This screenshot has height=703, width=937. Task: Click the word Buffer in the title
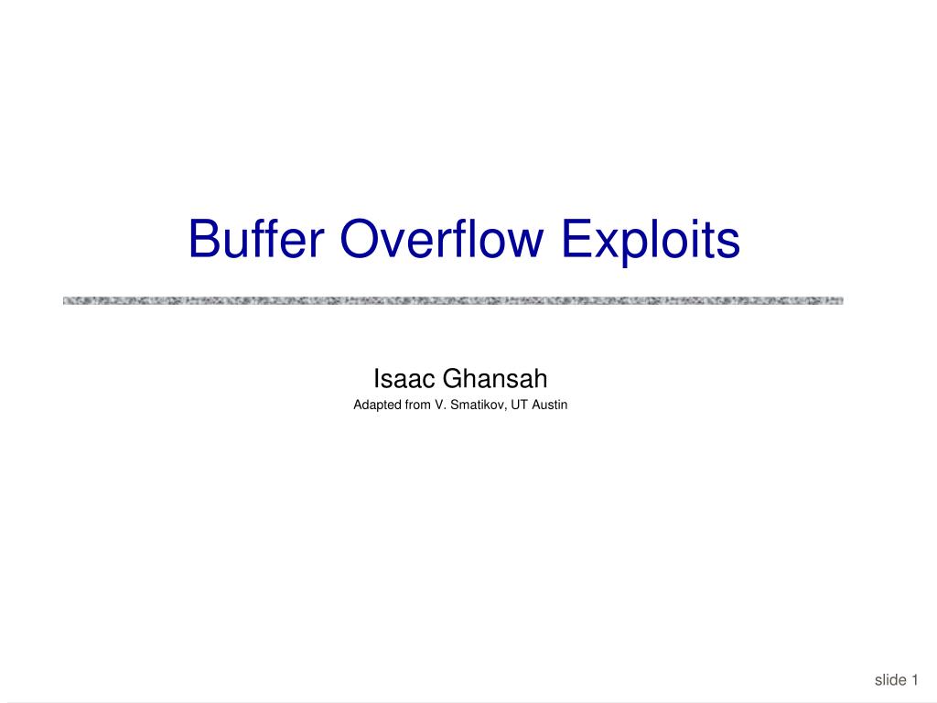coord(256,240)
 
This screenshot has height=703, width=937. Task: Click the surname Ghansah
coord(495,377)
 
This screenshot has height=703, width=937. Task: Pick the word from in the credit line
coord(417,404)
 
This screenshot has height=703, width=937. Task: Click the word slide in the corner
coord(889,679)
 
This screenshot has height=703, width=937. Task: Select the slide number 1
coord(914,679)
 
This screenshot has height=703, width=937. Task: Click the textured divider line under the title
coord(453,300)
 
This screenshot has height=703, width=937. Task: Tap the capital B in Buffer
coord(202,240)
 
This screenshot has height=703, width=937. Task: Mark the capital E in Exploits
coord(575,240)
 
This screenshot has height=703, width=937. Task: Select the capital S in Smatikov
coord(453,404)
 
